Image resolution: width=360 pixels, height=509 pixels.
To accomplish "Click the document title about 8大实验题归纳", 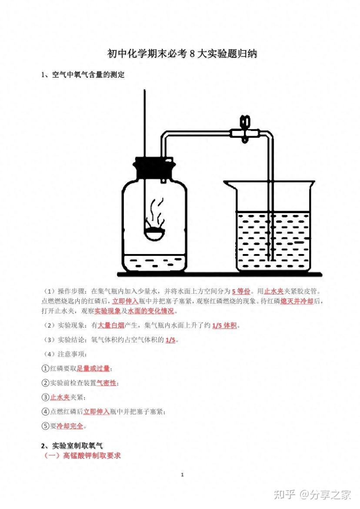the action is point(182,54).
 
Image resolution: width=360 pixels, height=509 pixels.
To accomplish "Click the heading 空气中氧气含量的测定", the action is point(88,75).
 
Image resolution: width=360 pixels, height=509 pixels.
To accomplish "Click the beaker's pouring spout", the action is point(230,185).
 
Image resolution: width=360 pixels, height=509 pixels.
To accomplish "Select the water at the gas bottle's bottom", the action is point(154,263).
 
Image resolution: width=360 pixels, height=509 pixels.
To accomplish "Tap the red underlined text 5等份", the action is point(241,291).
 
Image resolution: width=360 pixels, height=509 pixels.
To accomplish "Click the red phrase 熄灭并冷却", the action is point(297,301).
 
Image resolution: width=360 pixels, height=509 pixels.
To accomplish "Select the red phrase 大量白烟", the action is point(111,325).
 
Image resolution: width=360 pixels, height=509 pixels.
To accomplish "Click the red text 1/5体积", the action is point(224,325).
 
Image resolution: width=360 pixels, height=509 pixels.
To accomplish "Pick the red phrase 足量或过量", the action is point(93,368).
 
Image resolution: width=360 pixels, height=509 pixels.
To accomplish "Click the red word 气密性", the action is point(106,383).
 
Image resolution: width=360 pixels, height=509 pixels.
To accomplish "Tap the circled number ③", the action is point(45,397).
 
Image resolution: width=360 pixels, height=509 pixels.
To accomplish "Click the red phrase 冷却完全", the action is point(70,426).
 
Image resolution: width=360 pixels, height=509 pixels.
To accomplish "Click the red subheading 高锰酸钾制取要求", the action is point(92,455).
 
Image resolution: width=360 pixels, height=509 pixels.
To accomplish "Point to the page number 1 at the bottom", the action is point(182,475).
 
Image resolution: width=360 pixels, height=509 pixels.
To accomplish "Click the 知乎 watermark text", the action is point(284,495).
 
